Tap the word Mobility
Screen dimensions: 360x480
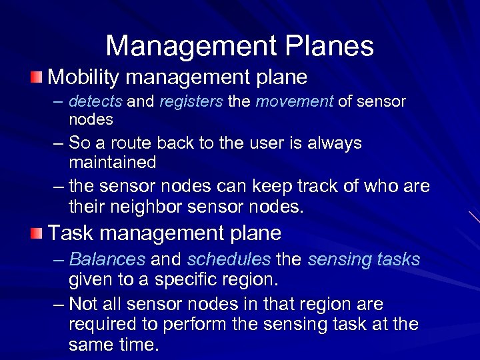click(x=84, y=77)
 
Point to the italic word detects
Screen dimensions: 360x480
click(x=95, y=102)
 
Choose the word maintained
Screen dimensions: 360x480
click(x=112, y=162)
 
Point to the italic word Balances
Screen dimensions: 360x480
click(x=107, y=259)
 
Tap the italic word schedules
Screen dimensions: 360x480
click(x=229, y=259)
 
